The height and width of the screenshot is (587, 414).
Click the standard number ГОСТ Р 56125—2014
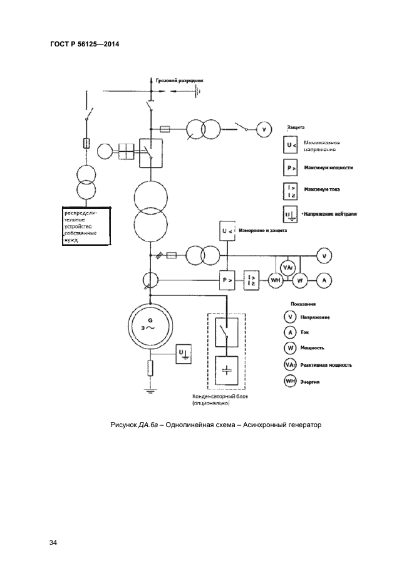[84, 45]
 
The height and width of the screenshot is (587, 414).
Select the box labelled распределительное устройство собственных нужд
[87, 226]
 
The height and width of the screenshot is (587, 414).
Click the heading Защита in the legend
[295, 127]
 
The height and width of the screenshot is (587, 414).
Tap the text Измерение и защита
[265, 231]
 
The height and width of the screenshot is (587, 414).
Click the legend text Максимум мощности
[328, 168]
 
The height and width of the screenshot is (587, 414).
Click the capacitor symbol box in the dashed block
[227, 370]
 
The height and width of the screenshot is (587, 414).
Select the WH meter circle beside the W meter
[276, 281]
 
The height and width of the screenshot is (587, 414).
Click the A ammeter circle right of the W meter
[323, 281]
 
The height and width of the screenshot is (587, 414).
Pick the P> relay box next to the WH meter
[227, 280]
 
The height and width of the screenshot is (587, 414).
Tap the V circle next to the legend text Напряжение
[289, 317]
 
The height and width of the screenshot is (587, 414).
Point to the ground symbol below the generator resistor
[150, 390]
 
